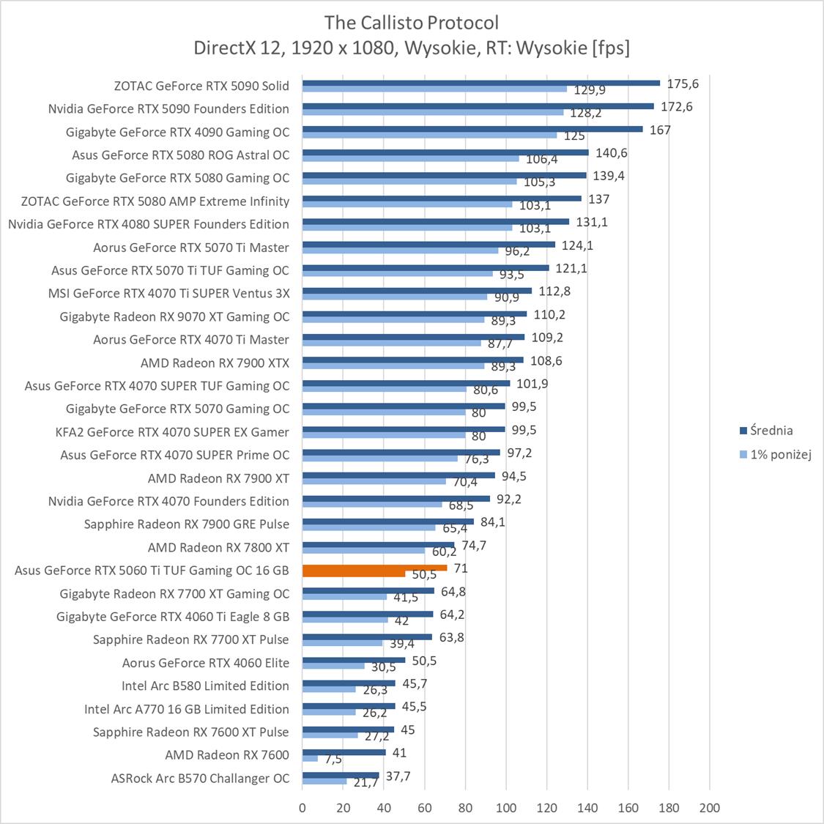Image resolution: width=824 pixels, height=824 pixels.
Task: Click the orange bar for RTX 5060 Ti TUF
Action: (x=374, y=568)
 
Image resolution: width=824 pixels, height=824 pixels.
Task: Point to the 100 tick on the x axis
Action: (x=505, y=808)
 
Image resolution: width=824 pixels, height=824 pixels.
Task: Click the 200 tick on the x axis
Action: (x=709, y=808)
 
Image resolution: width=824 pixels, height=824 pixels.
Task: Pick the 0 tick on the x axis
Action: (x=302, y=808)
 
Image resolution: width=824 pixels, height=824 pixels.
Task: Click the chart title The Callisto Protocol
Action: (x=412, y=22)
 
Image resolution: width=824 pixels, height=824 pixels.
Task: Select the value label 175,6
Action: (x=683, y=84)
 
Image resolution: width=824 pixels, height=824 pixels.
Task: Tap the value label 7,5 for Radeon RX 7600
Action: (x=333, y=759)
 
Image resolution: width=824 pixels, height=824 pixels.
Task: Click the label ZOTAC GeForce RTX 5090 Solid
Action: (x=201, y=86)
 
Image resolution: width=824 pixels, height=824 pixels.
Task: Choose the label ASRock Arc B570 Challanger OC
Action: (x=200, y=779)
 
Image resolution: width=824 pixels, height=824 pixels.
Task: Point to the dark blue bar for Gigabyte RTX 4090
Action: (x=472, y=129)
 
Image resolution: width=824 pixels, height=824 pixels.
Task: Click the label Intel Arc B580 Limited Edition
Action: (x=205, y=686)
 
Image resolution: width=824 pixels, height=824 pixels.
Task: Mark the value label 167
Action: (x=660, y=130)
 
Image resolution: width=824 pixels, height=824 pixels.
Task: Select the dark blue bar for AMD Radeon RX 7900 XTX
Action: (x=412, y=360)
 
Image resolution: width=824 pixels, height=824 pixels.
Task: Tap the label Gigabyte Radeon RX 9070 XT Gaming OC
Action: (x=174, y=316)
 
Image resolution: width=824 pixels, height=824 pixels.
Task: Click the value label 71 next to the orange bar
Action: (x=461, y=568)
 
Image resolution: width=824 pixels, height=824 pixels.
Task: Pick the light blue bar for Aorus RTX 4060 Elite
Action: (x=333, y=666)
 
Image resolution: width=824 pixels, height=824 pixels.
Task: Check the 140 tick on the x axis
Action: (x=587, y=808)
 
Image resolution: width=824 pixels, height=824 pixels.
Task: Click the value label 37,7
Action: (x=398, y=776)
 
